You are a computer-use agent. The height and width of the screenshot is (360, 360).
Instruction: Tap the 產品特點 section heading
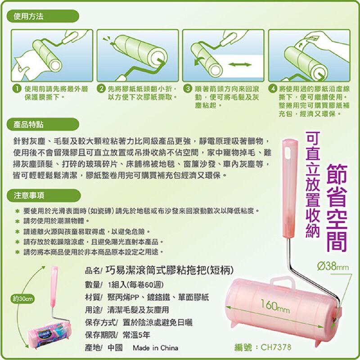[28, 123]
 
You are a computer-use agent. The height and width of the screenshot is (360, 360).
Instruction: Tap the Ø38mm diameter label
[333, 267]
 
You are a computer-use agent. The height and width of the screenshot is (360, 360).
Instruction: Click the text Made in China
[155, 348]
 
